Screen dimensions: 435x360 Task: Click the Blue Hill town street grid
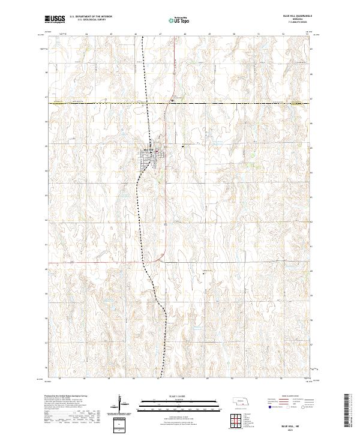tap(149, 157)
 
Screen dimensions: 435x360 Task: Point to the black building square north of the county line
tap(173, 101)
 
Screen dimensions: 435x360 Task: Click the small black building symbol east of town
tap(180, 146)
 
